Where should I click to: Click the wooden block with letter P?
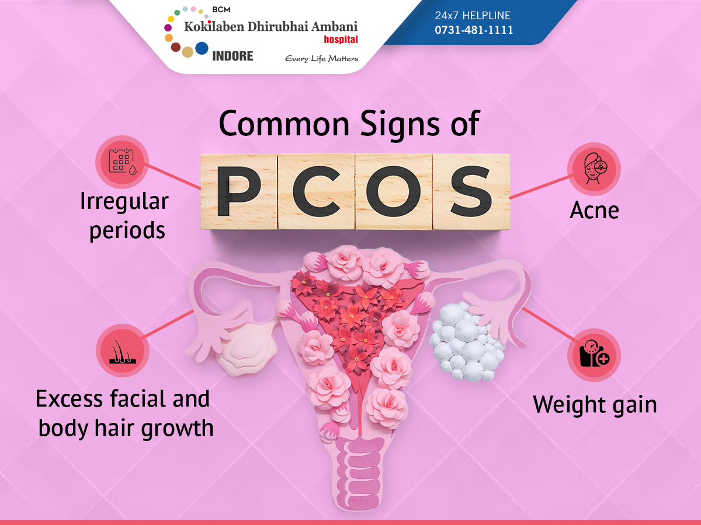point(239,191)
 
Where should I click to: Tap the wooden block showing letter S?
point(471,191)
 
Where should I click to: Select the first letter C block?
point(317,191)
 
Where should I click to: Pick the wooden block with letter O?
point(394,191)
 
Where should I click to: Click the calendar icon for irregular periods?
point(122,162)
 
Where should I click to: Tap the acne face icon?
point(594,169)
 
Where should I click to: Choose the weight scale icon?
point(594,355)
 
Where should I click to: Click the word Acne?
point(594,211)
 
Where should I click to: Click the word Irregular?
point(124,202)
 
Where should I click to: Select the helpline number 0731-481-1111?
point(474,30)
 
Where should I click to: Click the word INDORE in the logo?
point(233,56)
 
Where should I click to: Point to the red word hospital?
point(341,40)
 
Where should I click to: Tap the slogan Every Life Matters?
point(322,59)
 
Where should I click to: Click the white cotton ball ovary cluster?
point(467,341)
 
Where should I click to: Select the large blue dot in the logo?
point(202,48)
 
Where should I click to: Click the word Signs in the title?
point(400,125)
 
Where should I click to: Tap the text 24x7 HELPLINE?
point(473,16)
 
